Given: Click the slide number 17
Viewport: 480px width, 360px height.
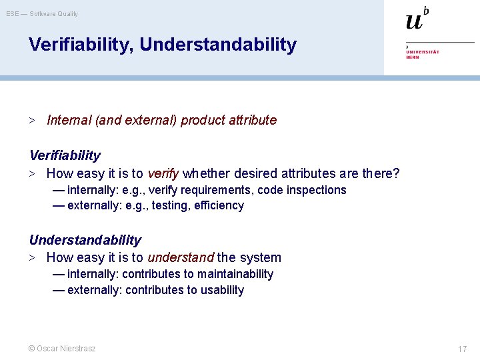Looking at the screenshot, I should (x=462, y=349).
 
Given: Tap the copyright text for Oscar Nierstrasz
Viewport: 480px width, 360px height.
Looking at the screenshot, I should (x=62, y=349).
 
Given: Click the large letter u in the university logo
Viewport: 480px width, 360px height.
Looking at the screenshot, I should (x=414, y=22).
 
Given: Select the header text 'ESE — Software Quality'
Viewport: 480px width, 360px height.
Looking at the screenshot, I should (x=43, y=13).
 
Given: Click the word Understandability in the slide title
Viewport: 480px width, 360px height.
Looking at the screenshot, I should (x=219, y=45).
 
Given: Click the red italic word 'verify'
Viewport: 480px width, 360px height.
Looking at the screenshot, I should (x=163, y=174).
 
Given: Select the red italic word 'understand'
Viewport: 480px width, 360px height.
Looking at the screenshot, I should (x=180, y=257).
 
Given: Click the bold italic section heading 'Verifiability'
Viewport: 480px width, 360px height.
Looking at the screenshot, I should (x=65, y=155).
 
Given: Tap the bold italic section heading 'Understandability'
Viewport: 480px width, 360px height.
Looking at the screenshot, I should (x=85, y=240).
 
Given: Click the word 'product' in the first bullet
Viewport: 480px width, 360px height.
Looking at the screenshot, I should (x=203, y=121).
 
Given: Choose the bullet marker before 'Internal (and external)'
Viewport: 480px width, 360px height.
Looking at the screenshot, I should (x=31, y=121).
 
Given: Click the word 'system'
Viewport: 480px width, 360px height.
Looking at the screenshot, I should (x=261, y=257).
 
